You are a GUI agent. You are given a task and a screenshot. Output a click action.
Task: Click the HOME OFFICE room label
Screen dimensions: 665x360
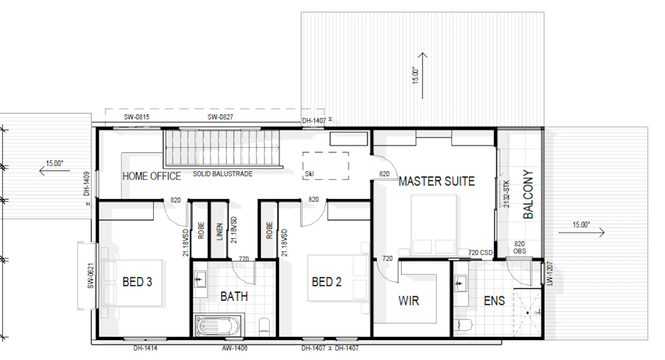pyautogui.click(x=152, y=176)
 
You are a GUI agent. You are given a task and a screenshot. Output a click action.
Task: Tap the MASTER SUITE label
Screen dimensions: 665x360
pyautogui.click(x=437, y=181)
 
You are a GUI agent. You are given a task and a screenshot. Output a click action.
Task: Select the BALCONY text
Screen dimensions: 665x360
pyautogui.click(x=528, y=194)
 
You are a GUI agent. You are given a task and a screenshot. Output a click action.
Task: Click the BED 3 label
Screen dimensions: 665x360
pyautogui.click(x=137, y=282)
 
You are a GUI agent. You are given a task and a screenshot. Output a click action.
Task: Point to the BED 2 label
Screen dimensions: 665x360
pyautogui.click(x=327, y=282)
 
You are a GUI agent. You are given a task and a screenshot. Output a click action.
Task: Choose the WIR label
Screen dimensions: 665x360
pyautogui.click(x=409, y=301)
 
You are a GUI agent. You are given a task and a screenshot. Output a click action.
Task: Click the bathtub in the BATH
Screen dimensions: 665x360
pyautogui.click(x=218, y=326)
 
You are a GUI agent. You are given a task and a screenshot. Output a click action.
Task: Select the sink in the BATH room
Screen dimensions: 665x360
pyautogui.click(x=200, y=279)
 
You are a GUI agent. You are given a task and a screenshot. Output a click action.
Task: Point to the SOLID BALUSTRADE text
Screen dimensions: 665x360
pyautogui.click(x=223, y=174)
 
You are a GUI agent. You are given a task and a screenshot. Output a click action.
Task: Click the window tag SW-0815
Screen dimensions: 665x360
pyautogui.click(x=137, y=117)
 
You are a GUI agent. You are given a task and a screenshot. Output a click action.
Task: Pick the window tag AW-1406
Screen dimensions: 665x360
pyautogui.click(x=235, y=348)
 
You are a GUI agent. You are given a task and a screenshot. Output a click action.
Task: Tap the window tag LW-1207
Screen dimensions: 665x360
pyautogui.click(x=550, y=274)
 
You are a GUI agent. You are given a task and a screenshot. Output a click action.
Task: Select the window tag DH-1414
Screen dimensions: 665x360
pyautogui.click(x=145, y=348)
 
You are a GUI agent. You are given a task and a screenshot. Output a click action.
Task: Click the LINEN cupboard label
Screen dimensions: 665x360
pyautogui.click(x=219, y=231)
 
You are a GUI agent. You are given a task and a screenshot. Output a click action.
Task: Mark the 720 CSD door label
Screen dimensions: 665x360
pyautogui.click(x=480, y=253)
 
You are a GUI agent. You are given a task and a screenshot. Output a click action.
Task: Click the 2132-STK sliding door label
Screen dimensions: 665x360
pyautogui.click(x=506, y=194)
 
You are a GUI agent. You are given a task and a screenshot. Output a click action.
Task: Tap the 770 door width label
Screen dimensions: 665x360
pyautogui.click(x=244, y=259)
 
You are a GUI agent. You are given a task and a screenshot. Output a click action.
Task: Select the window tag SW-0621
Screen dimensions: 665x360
pyautogui.click(x=91, y=276)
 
